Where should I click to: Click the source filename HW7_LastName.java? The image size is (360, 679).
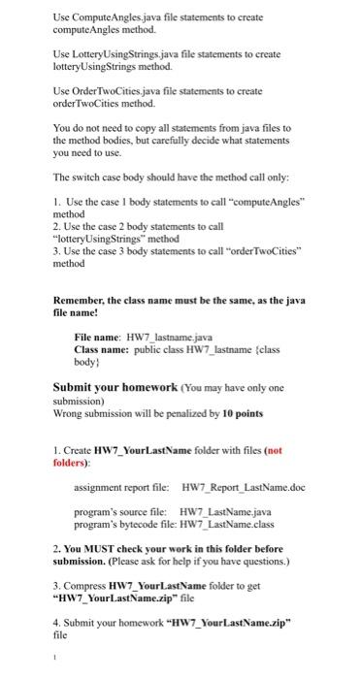point(225,510)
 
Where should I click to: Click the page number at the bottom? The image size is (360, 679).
point(56,667)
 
